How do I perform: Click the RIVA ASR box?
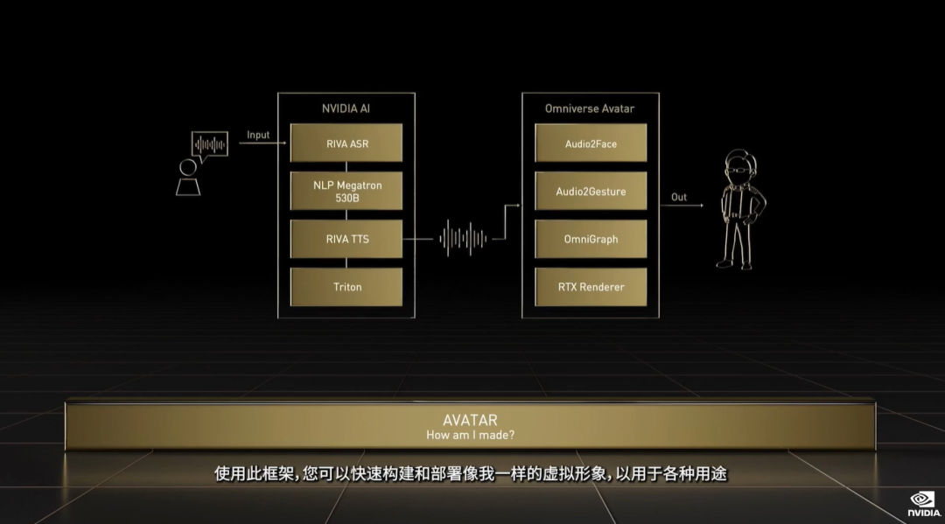coord(346,143)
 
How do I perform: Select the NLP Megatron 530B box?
coord(346,191)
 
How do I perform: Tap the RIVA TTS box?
coord(346,239)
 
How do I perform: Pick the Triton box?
coord(346,287)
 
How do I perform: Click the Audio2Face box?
coord(591,143)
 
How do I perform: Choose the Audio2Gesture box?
coord(591,191)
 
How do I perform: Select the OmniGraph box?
coord(591,239)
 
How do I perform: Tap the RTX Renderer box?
coord(591,287)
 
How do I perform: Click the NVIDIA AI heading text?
coord(346,109)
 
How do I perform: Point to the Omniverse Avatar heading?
coord(590,109)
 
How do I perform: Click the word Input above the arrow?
coord(258,135)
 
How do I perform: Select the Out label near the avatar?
coord(679,197)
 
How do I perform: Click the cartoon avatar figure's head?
coord(741,167)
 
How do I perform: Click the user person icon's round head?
coord(188,167)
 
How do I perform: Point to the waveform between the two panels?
coord(463,239)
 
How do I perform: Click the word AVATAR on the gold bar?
coord(470,420)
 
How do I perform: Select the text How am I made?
coord(470,435)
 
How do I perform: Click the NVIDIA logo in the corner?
coord(924,504)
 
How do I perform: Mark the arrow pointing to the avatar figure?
coord(682,206)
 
